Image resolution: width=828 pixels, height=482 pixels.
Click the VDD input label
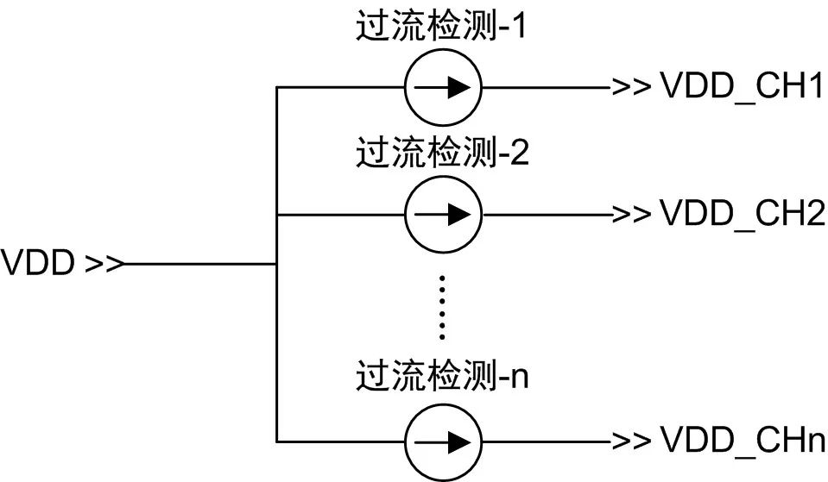pyautogui.click(x=37, y=263)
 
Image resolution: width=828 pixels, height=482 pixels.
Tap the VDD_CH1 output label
pyautogui.click(x=742, y=85)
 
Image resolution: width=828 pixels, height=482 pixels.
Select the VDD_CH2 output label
pyautogui.click(x=743, y=213)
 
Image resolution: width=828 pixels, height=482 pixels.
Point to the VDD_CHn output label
pyautogui.click(x=743, y=440)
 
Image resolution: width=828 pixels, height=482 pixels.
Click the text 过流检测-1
pyautogui.click(x=441, y=26)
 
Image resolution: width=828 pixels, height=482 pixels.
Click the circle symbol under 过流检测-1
pyautogui.click(x=443, y=87)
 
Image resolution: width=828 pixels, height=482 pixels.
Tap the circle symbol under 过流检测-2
pyautogui.click(x=443, y=214)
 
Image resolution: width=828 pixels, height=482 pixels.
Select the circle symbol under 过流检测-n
pyautogui.click(x=443, y=442)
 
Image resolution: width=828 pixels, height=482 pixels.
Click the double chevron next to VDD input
pyautogui.click(x=104, y=263)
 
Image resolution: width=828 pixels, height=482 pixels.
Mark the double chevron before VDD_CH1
pyautogui.click(x=631, y=86)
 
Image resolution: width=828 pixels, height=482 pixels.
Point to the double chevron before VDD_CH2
pyautogui.click(x=631, y=214)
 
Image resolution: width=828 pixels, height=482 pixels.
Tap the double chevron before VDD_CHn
pyautogui.click(x=631, y=441)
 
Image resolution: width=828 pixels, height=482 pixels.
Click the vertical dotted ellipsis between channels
pyautogui.click(x=442, y=307)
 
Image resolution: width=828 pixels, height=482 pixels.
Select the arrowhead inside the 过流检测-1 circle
pyautogui.click(x=458, y=87)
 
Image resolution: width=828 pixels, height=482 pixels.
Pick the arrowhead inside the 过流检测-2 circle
pyautogui.click(x=458, y=214)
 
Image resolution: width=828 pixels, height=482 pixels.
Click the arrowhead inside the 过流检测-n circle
pyautogui.click(x=458, y=442)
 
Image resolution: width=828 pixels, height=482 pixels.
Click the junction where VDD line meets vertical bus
pyautogui.click(x=276, y=263)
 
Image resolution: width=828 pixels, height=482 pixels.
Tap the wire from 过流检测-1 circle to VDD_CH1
pyautogui.click(x=547, y=87)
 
